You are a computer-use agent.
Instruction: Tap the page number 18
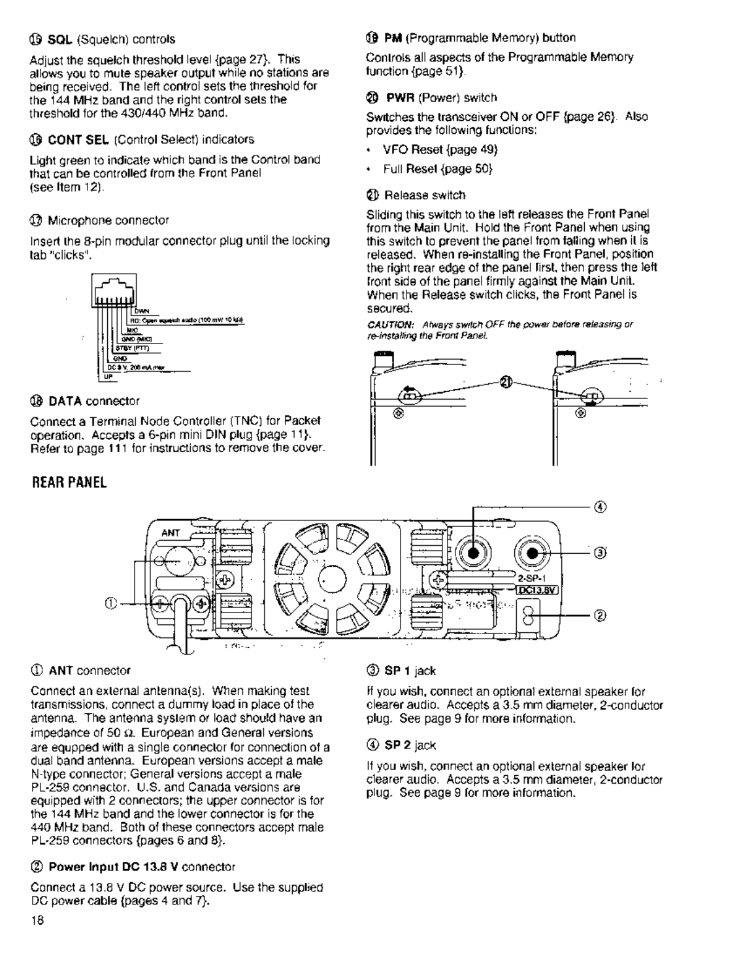pos(37,920)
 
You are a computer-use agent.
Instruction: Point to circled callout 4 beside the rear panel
pos(601,507)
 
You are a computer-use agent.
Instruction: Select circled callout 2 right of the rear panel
pos(600,615)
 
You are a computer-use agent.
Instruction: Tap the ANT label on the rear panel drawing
pos(171,533)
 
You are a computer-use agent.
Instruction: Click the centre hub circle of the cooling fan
pos(331,578)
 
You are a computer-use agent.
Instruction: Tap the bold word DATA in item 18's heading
pos(66,400)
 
